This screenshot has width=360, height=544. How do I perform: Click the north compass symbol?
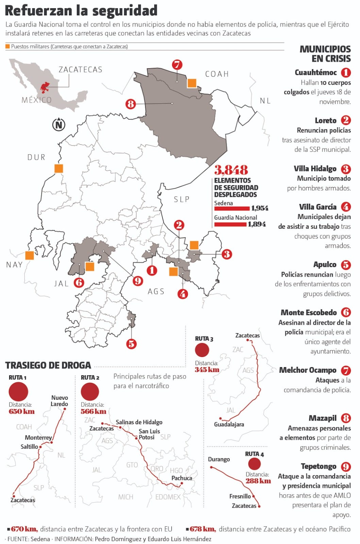click(x=59, y=124)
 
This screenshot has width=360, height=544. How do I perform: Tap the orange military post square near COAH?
click(x=192, y=83)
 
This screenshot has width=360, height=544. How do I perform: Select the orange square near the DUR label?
click(x=59, y=168)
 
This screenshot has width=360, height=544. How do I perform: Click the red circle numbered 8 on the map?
click(x=131, y=104)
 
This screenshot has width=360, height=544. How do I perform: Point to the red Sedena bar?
click(x=232, y=208)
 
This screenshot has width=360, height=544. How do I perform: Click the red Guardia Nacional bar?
click(x=230, y=224)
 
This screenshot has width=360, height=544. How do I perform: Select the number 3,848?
click(x=231, y=170)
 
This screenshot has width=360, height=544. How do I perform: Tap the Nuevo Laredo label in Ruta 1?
click(x=60, y=401)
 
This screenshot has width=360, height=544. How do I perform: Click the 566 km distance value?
click(x=93, y=411)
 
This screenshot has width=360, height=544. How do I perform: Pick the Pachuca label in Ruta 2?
click(x=182, y=478)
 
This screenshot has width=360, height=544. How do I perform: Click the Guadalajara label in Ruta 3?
click(x=229, y=424)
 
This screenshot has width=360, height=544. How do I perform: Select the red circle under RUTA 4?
click(x=254, y=464)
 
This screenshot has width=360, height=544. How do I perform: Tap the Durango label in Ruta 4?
click(x=219, y=459)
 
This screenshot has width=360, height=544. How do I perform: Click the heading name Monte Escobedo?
click(x=309, y=312)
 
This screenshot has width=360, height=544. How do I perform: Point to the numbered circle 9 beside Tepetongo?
click(x=346, y=466)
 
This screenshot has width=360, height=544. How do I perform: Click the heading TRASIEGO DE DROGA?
click(x=48, y=365)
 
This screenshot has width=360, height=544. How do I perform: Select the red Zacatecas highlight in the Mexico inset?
click(x=44, y=87)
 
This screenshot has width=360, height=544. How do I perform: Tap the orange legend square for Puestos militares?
click(x=7, y=47)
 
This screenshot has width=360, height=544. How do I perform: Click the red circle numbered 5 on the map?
click(x=131, y=343)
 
